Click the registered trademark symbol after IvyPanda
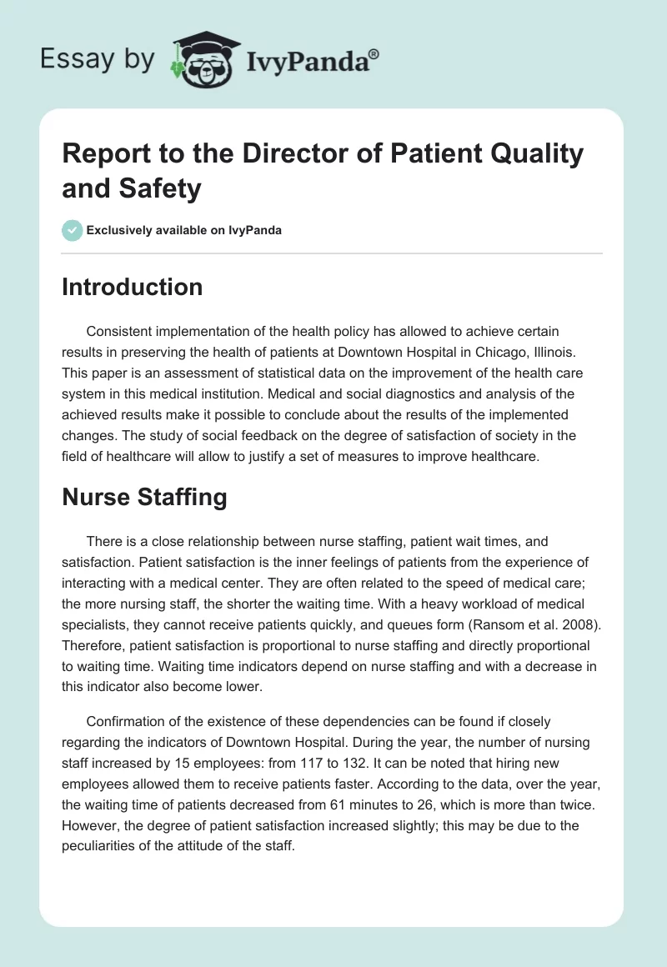pyautogui.click(x=374, y=54)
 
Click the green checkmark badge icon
pyautogui.click(x=73, y=230)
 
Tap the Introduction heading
pyautogui.click(x=133, y=287)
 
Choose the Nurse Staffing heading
pyautogui.click(x=145, y=497)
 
